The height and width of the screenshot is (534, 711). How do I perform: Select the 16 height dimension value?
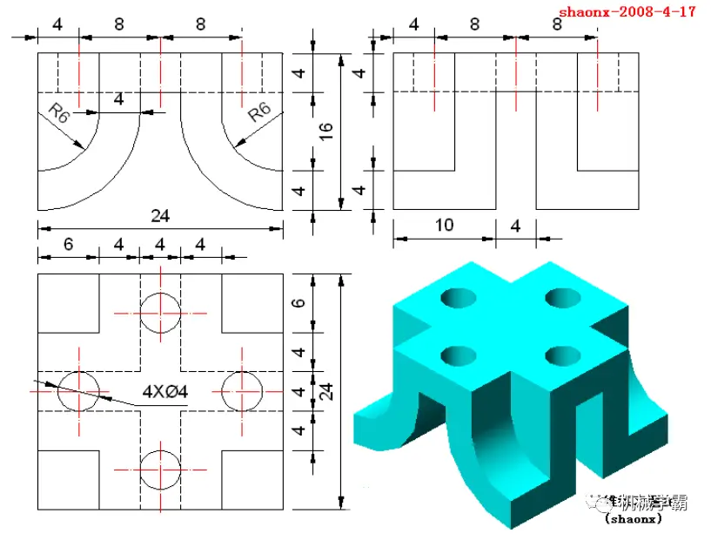pos(325,132)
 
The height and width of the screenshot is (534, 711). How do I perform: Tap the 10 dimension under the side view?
pos(444,226)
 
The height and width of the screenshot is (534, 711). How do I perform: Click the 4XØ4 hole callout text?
pos(166,393)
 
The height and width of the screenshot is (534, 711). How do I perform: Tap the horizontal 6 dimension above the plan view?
pos(68,247)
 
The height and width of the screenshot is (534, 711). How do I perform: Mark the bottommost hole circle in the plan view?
pos(160,470)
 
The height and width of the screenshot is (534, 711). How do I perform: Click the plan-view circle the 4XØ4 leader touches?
pos(78,390)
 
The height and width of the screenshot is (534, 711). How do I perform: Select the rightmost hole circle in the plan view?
pos(241,390)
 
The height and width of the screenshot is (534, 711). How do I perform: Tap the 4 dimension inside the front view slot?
pos(118,100)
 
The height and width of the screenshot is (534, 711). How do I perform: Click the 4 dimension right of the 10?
pos(514,226)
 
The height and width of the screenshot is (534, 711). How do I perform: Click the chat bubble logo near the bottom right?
pos(599,501)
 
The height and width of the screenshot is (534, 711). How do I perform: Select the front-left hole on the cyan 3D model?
pos(457,355)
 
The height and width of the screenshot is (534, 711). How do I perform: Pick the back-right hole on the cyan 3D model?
pos(563,298)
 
